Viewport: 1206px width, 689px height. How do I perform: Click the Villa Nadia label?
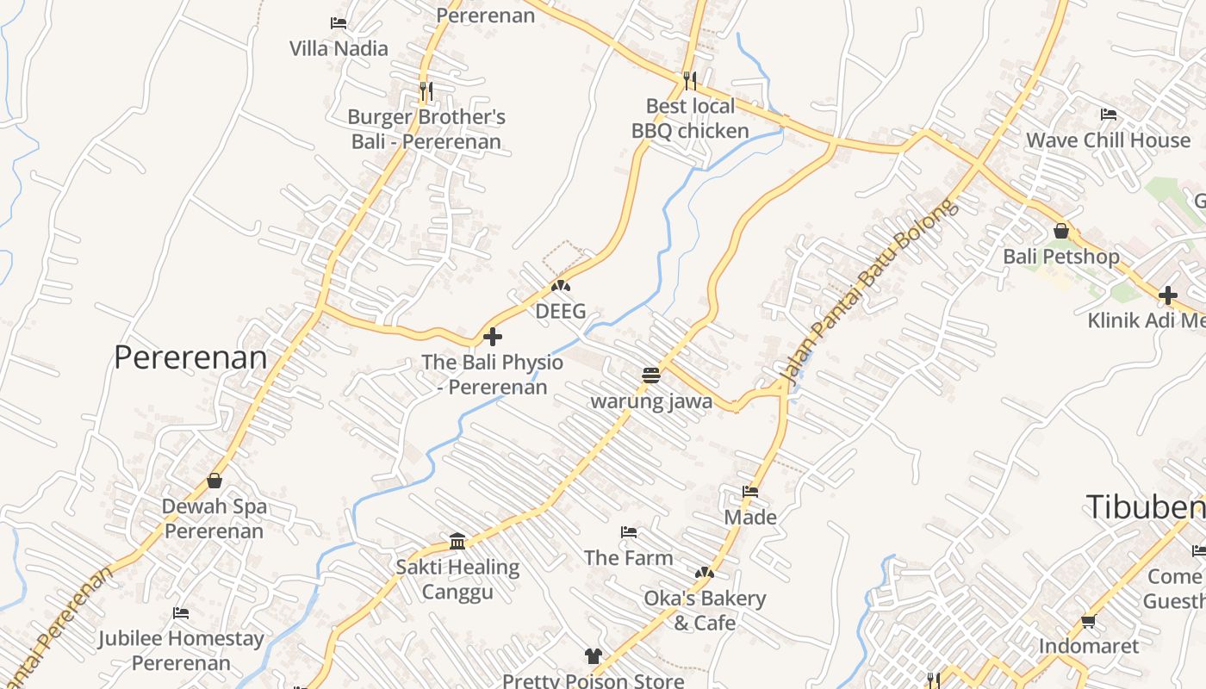click(x=339, y=48)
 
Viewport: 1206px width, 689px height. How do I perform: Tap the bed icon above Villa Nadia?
click(x=339, y=23)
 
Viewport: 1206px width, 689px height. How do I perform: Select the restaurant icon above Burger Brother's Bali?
click(x=426, y=90)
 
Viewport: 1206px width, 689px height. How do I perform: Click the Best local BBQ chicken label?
click(x=690, y=119)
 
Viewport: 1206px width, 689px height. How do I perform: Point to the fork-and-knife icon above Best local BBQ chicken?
click(x=689, y=81)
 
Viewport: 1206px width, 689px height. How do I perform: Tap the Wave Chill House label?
click(x=1108, y=140)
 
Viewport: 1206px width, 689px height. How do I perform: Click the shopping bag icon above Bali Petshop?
click(x=1061, y=231)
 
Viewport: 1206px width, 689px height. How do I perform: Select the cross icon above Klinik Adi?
click(x=1167, y=295)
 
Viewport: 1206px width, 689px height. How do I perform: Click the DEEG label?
click(x=561, y=311)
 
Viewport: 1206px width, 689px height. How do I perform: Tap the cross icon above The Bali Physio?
click(x=493, y=336)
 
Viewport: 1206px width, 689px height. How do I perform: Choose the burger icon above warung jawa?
click(x=651, y=375)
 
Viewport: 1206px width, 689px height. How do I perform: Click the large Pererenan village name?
click(x=190, y=357)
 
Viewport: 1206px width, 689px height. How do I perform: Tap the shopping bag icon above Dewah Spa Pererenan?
click(x=214, y=481)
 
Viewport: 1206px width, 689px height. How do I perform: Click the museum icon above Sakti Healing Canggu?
click(x=457, y=541)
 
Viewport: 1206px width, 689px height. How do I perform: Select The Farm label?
click(x=629, y=557)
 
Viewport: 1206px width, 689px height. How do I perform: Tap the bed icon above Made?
click(x=750, y=492)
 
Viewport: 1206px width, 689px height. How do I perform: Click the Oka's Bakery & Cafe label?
click(x=705, y=610)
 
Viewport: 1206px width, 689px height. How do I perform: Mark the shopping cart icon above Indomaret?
click(x=1088, y=621)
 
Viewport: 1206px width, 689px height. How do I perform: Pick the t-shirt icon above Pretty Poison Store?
click(x=593, y=656)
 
